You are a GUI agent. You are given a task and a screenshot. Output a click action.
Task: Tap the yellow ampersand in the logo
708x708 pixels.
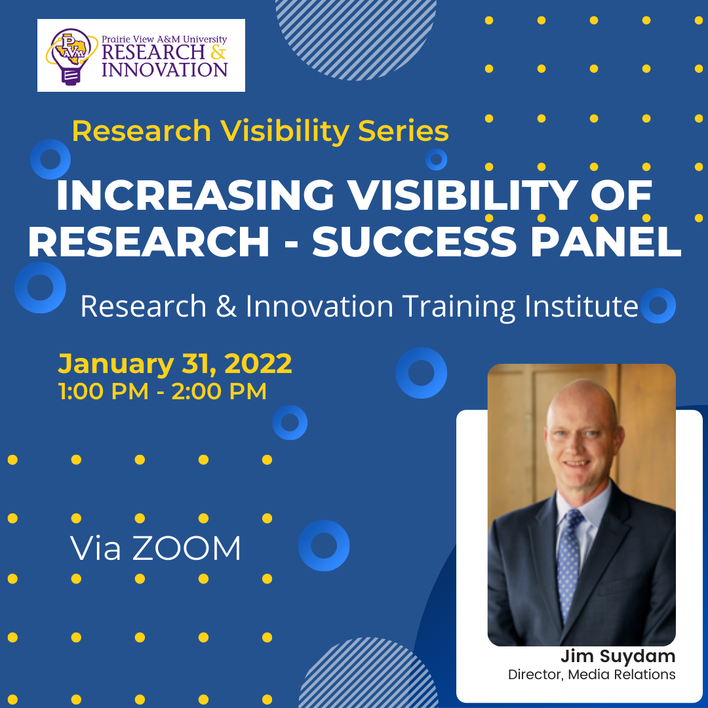coord(218,52)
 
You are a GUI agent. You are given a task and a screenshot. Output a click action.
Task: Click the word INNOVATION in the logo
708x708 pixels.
coord(165,70)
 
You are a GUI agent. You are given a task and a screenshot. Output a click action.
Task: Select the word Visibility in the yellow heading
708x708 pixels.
coord(285,131)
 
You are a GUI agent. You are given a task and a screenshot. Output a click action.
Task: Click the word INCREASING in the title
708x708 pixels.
coord(195,195)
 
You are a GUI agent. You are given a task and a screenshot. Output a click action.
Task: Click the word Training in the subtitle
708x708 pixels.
coord(459,307)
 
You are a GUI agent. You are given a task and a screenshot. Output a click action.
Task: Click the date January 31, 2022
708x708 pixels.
coord(175,363)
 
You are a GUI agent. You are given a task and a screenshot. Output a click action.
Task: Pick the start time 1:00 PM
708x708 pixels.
coord(104,391)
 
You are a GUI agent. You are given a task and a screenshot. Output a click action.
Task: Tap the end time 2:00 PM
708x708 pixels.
coord(219,391)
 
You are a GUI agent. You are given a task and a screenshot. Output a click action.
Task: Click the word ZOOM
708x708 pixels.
coord(186,549)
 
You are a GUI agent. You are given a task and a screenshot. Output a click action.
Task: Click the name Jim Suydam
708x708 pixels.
coord(618,656)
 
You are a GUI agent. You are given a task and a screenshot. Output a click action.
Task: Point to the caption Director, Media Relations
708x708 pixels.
coord(591,674)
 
